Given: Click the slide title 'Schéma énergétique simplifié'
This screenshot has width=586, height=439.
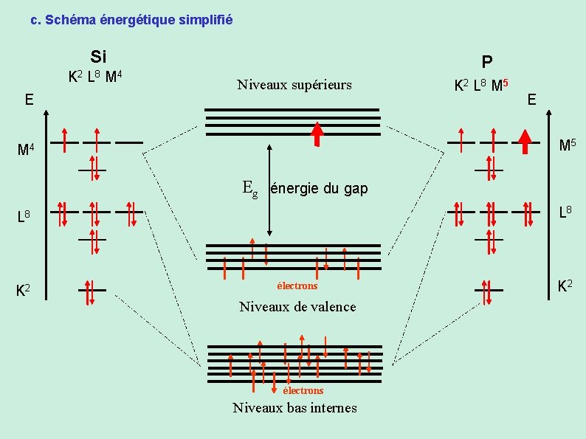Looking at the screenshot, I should (x=131, y=20).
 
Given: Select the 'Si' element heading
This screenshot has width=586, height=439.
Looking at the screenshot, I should (x=99, y=56).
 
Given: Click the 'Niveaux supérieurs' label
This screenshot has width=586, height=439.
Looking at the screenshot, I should (x=294, y=85).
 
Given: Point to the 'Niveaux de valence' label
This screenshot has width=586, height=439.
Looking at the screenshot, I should (x=297, y=306).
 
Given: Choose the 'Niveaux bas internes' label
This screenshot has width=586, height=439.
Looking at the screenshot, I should (x=294, y=407).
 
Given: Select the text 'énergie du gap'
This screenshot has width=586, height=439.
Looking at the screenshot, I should (x=319, y=188).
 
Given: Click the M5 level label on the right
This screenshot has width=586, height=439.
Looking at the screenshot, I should (x=568, y=145).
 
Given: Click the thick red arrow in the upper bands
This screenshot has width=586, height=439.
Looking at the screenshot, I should (x=317, y=134).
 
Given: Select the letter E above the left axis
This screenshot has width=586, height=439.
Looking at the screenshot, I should (x=28, y=98).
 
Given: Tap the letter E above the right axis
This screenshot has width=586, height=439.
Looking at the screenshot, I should (x=532, y=97).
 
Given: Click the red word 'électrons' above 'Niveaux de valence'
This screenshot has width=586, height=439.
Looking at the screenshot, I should (x=297, y=286).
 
